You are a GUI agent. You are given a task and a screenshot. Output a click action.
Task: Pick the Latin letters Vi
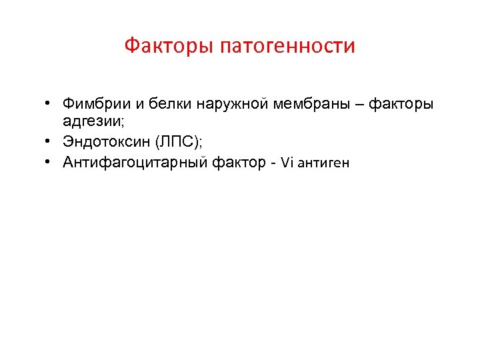[287, 162]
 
